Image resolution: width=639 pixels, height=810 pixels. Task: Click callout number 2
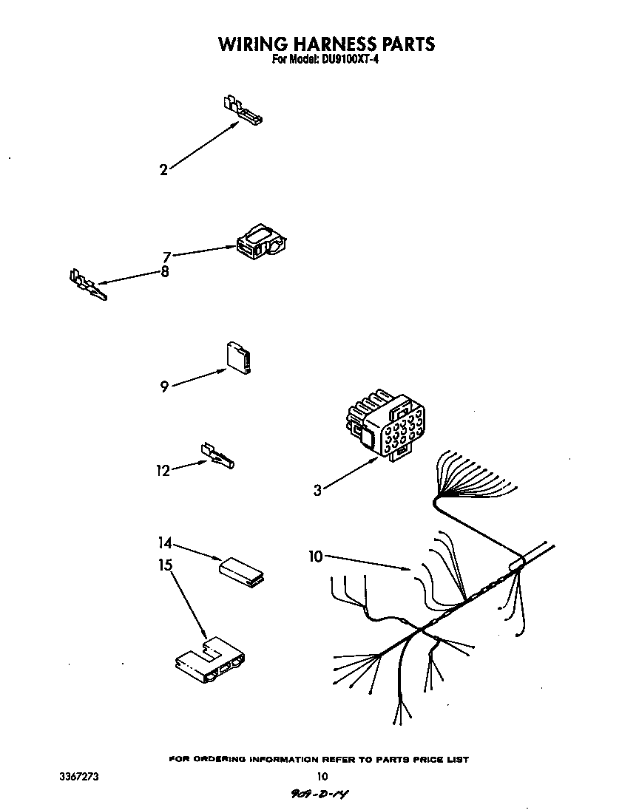pyautogui.click(x=163, y=170)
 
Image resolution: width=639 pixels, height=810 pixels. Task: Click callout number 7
pyautogui.click(x=166, y=256)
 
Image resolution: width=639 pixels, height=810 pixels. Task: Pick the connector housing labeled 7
pyautogui.click(x=262, y=241)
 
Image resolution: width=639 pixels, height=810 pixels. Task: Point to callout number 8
pyautogui.click(x=165, y=271)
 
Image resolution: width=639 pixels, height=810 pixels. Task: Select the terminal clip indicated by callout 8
pyautogui.click(x=88, y=285)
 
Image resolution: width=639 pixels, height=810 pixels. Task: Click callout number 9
pyautogui.click(x=164, y=386)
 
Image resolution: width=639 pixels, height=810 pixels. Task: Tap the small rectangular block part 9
pyautogui.click(x=239, y=358)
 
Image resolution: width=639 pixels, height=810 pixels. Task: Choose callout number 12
pyautogui.click(x=163, y=471)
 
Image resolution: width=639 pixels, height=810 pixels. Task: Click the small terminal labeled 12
pyautogui.click(x=217, y=455)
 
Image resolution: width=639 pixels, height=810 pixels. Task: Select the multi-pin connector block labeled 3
pyautogui.click(x=385, y=424)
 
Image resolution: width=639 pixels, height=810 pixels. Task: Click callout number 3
pyautogui.click(x=317, y=490)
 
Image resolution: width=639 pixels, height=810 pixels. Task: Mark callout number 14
pyautogui.click(x=165, y=543)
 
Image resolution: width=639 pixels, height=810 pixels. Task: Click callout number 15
pyautogui.click(x=165, y=565)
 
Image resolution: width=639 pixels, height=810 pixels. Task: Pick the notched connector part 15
pyautogui.click(x=211, y=660)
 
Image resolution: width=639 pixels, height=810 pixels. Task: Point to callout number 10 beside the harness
pyautogui.click(x=315, y=557)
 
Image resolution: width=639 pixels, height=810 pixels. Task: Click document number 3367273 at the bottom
pyautogui.click(x=78, y=777)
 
